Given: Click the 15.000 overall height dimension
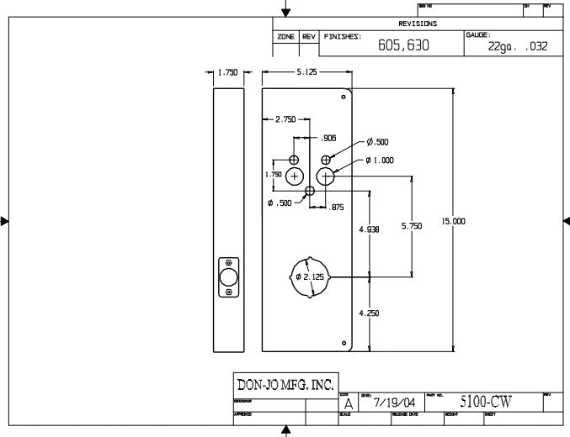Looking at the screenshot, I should pyautogui.click(x=453, y=221).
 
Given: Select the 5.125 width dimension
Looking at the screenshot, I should pyautogui.click(x=306, y=73).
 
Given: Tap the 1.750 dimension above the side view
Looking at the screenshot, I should pyautogui.click(x=227, y=73).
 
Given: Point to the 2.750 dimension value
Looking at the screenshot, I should pyautogui.click(x=285, y=119).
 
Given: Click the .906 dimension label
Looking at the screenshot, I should pyautogui.click(x=329, y=138).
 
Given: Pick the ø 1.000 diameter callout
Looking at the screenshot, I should pyautogui.click(x=381, y=160).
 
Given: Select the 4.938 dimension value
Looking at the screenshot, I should pyautogui.click(x=369, y=229).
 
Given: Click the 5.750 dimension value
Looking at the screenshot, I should pyautogui.click(x=411, y=226).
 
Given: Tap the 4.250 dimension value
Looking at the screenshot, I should pyautogui.click(x=369, y=313).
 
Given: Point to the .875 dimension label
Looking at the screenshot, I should pyautogui.click(x=336, y=207).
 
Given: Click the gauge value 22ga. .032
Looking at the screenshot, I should pyautogui.click(x=518, y=47).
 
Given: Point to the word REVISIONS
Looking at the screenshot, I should pyautogui.click(x=418, y=24).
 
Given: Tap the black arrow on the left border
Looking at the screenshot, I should pyautogui.click(x=5, y=222).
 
